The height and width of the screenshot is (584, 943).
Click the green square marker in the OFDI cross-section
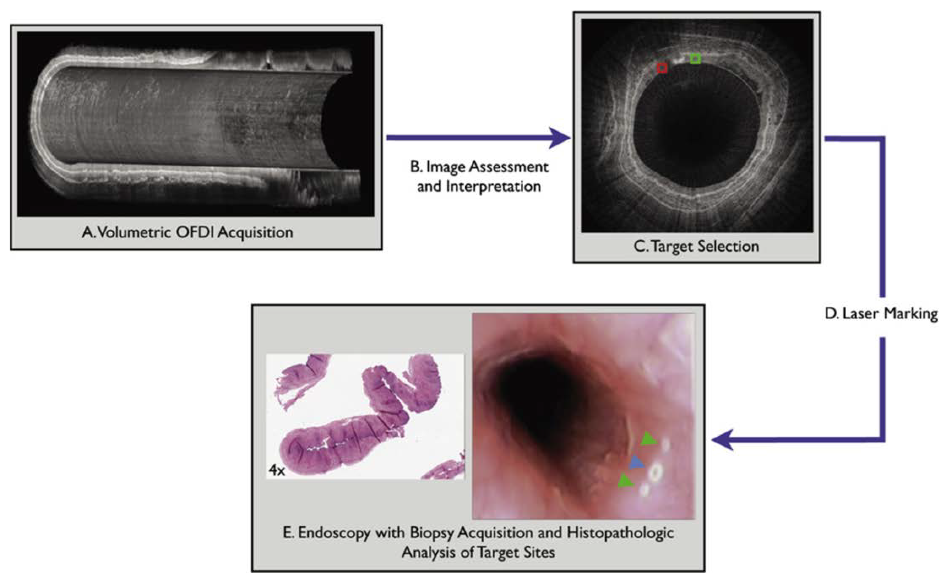pos(695,59)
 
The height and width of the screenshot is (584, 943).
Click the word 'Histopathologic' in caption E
pos(620,533)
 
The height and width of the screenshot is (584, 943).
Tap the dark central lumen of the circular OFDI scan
pos(695,135)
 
